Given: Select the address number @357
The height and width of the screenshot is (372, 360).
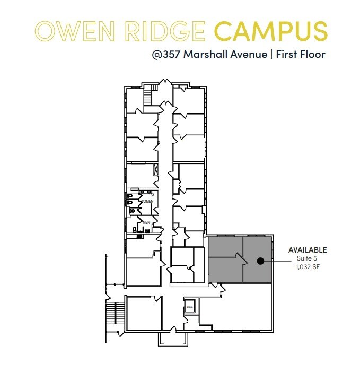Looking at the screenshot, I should [168, 54].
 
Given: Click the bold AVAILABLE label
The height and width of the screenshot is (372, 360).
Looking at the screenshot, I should [308, 250].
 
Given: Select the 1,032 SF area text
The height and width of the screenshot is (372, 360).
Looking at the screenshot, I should [308, 267].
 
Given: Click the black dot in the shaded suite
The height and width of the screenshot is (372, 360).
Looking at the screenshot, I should [260, 261].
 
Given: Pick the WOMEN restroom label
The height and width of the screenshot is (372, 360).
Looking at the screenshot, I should [147, 201].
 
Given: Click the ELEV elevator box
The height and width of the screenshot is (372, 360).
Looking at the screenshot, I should [190, 307].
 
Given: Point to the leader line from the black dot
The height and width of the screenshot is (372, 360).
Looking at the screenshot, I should [276, 261].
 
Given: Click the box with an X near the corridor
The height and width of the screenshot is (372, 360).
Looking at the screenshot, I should [156, 170].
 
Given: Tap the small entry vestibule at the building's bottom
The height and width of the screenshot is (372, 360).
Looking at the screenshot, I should [172, 339].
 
